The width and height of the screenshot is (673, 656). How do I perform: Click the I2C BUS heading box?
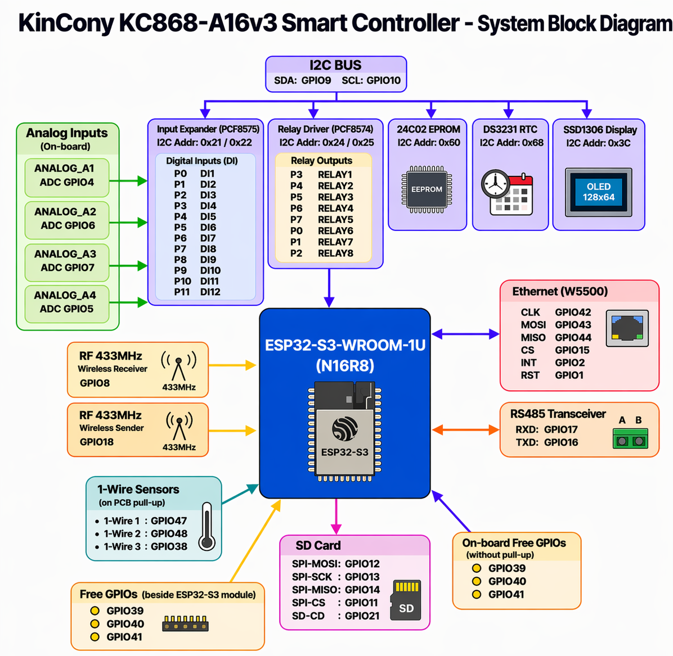click(x=336, y=73)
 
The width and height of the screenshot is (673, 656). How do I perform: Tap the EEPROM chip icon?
click(x=427, y=189)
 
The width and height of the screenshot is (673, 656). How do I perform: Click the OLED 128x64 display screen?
click(x=598, y=192)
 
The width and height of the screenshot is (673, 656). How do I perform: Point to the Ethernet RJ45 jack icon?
click(x=627, y=328)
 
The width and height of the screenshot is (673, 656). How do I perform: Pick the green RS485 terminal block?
click(x=630, y=439)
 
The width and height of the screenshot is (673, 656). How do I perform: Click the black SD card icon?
click(x=406, y=601)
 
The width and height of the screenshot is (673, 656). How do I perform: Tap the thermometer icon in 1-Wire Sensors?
click(x=207, y=527)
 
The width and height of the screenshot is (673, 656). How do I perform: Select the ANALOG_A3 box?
click(x=66, y=261)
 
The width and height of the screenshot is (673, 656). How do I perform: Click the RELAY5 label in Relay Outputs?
click(x=335, y=220)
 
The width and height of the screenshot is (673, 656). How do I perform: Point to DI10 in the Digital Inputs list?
click(x=210, y=270)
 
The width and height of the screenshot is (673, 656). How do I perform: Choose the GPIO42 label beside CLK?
click(x=573, y=313)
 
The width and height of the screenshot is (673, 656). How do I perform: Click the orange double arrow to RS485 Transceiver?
click(x=465, y=430)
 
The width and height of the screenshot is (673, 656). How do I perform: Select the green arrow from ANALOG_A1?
click(x=128, y=181)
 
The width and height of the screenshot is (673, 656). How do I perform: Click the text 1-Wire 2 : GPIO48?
click(x=145, y=533)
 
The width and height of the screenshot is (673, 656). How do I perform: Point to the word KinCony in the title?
click(x=65, y=24)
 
